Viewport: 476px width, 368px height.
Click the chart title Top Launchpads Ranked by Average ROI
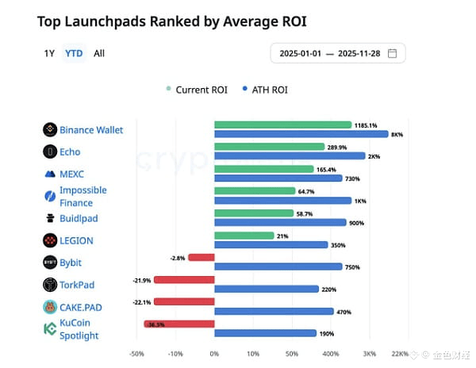click(x=171, y=21)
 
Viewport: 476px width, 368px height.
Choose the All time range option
click(x=99, y=53)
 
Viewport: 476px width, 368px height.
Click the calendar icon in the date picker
click(x=392, y=54)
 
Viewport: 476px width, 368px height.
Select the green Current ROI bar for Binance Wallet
click(x=282, y=125)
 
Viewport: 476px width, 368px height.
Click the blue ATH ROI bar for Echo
click(x=290, y=156)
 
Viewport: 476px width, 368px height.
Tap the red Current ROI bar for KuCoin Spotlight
click(x=179, y=324)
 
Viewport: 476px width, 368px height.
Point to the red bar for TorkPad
click(x=184, y=279)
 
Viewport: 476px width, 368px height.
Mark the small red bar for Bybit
click(x=201, y=257)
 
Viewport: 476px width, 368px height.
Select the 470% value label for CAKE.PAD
click(x=344, y=312)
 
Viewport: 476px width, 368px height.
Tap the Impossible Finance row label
click(x=83, y=196)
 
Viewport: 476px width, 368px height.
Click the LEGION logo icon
click(x=48, y=240)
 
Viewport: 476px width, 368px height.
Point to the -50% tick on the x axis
click(x=136, y=354)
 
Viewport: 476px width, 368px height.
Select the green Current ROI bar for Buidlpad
click(x=254, y=213)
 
